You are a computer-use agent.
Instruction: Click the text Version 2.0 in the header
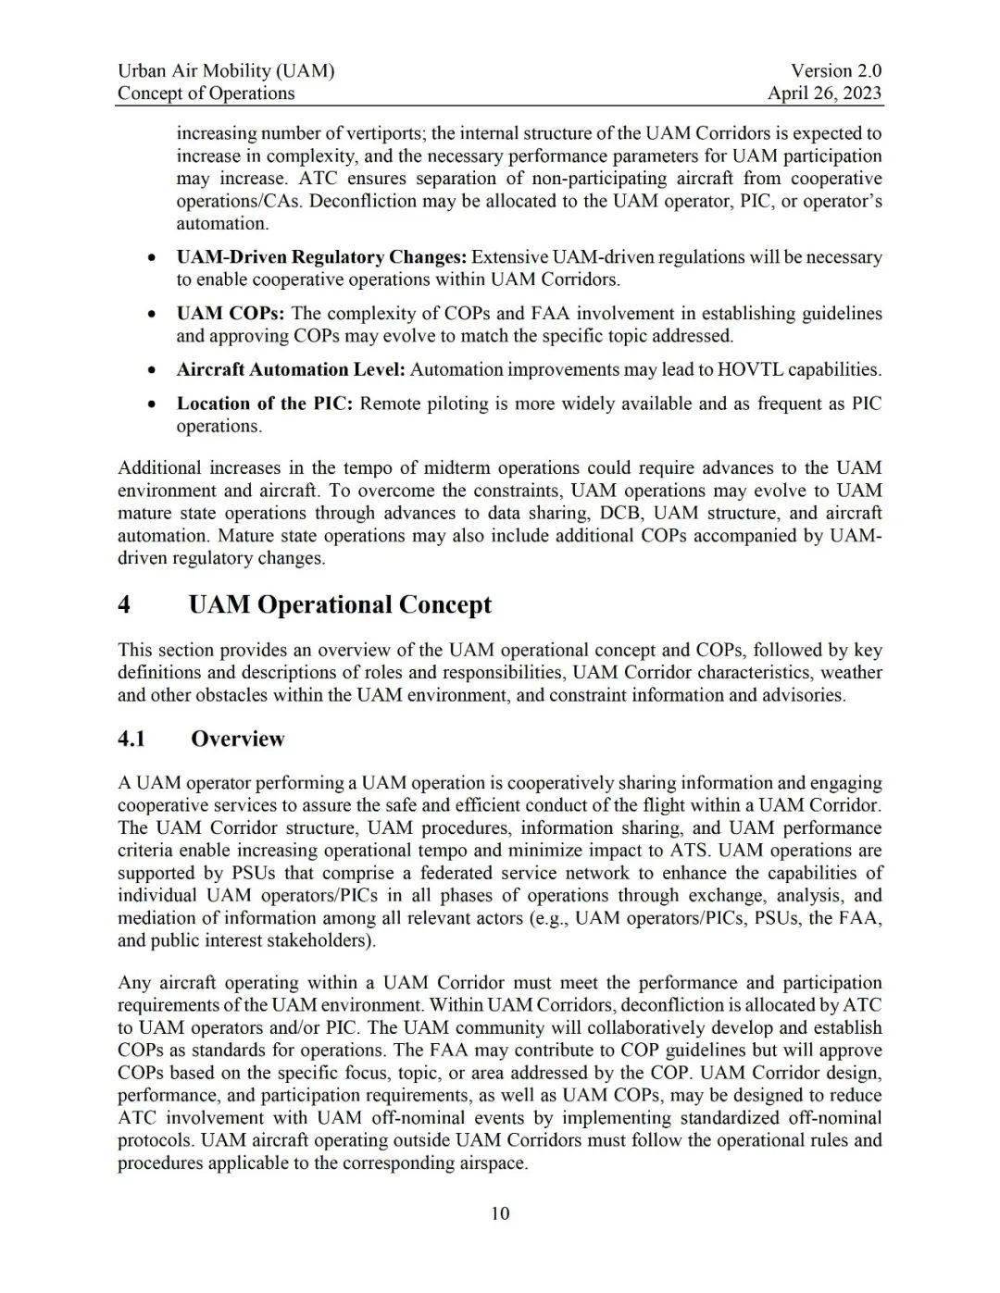click(x=835, y=70)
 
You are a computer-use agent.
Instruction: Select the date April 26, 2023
click(x=824, y=93)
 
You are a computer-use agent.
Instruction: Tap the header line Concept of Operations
click(x=206, y=93)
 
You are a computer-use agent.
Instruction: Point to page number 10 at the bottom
click(x=500, y=1213)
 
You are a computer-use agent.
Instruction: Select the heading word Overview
click(x=238, y=739)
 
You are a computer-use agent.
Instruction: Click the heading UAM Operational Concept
click(x=340, y=604)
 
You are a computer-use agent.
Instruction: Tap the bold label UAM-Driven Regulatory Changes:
click(x=321, y=257)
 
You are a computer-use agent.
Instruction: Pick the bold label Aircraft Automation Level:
click(x=291, y=369)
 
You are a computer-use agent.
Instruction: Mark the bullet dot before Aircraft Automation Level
click(x=151, y=370)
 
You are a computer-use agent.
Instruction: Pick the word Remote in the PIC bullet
click(x=388, y=404)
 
